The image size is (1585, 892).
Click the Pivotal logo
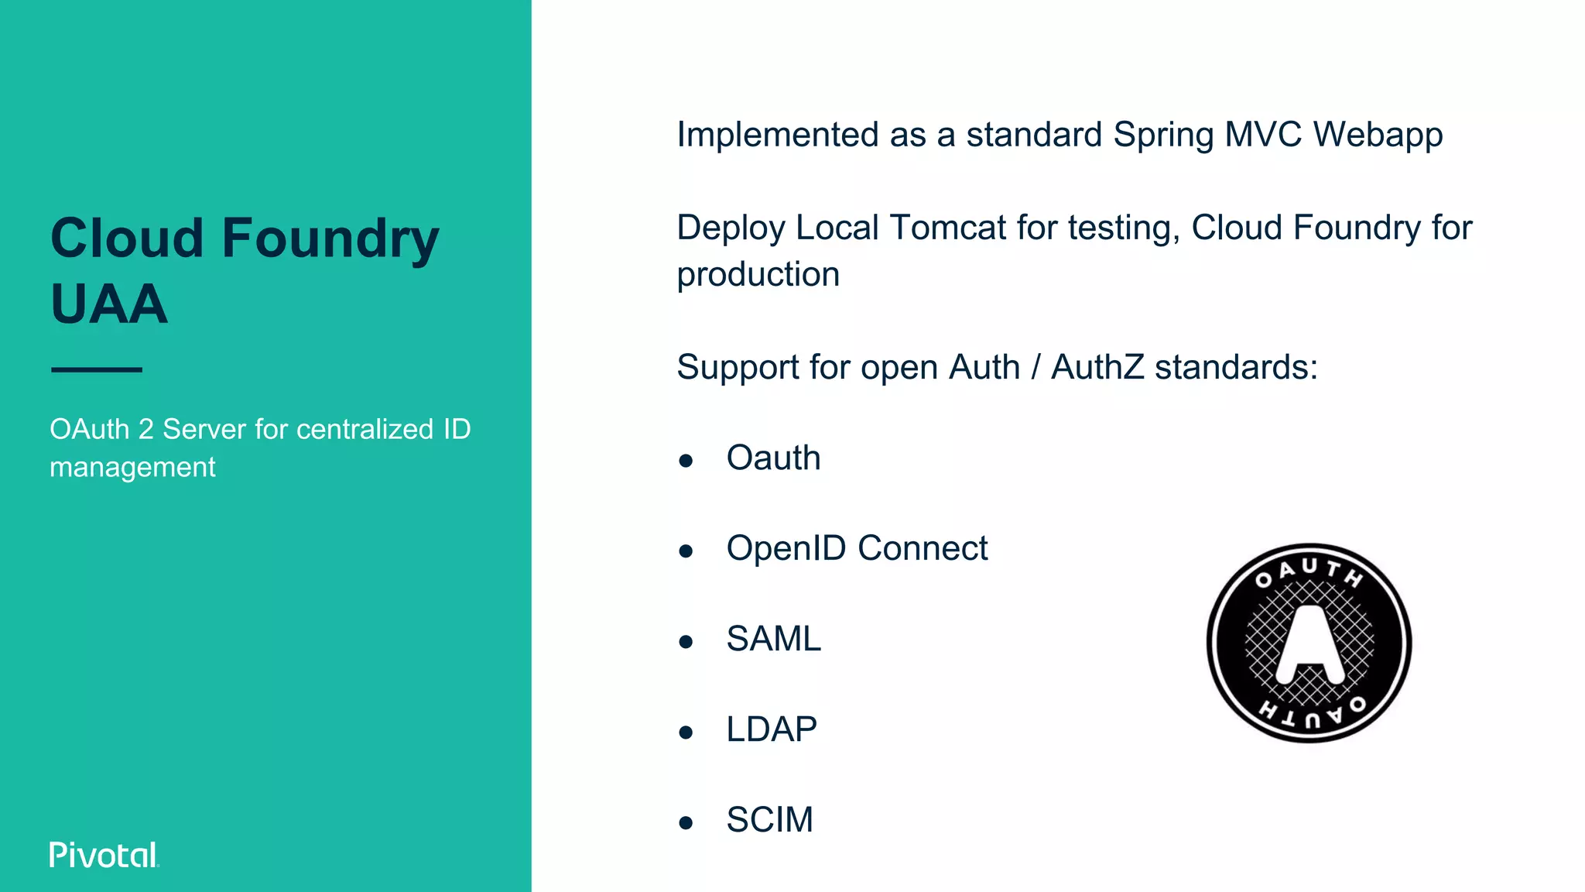[x=104, y=855]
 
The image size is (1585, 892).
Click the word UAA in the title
[x=109, y=304]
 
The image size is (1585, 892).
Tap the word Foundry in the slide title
[x=330, y=238]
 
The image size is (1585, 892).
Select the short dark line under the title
[x=97, y=370]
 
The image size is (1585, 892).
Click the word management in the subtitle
[x=132, y=468]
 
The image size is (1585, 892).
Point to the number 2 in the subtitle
[x=146, y=430]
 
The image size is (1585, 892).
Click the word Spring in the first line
[x=1163, y=136]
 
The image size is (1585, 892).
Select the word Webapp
[x=1378, y=136]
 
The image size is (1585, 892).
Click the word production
[x=758, y=275]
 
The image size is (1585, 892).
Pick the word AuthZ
[x=1097, y=367]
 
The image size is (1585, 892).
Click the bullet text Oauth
[x=773, y=458]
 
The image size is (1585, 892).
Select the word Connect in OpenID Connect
[x=923, y=549]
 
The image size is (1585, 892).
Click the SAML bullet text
[x=773, y=640]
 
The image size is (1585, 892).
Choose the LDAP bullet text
[x=771, y=730]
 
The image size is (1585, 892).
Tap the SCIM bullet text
[x=769, y=821]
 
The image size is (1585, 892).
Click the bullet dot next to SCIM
[x=686, y=823]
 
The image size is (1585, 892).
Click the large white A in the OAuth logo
[x=1309, y=643]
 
